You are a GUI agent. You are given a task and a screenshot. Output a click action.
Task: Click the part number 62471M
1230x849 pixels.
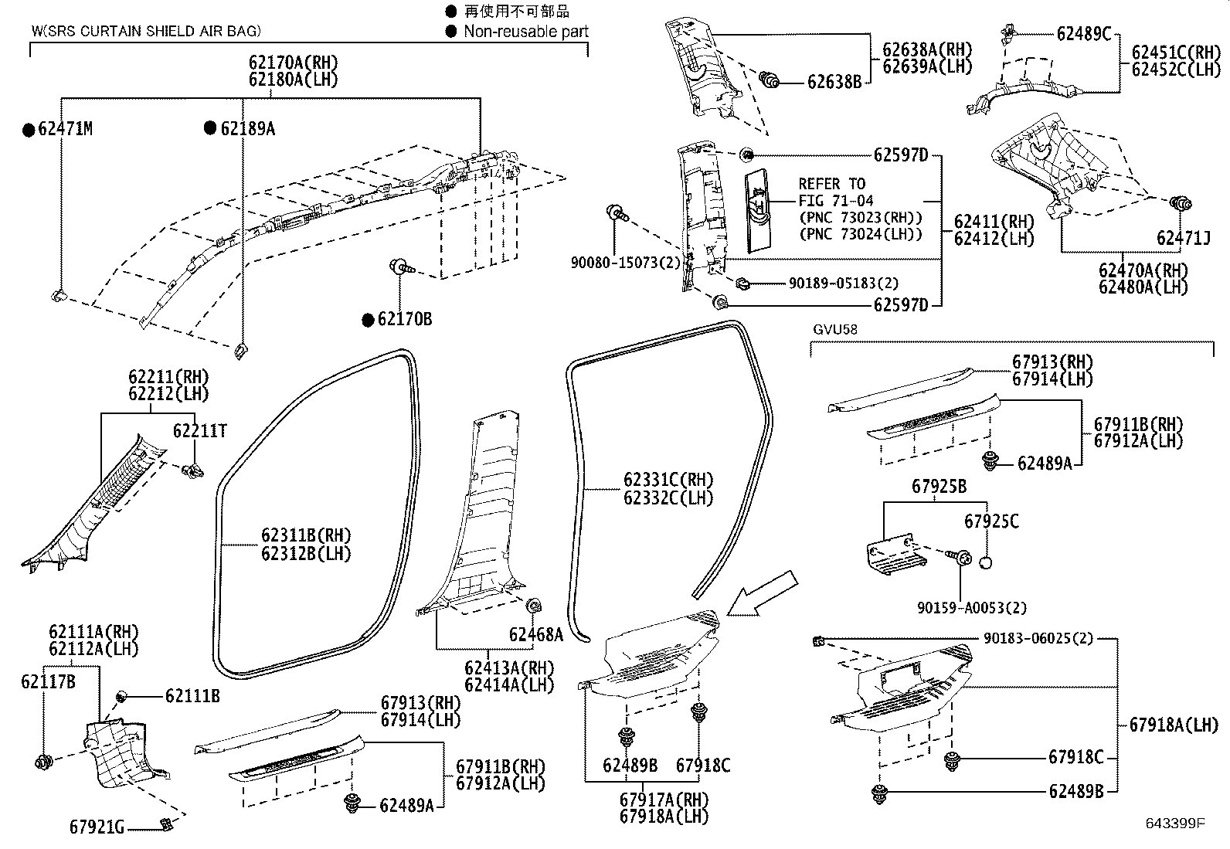[x=65, y=129]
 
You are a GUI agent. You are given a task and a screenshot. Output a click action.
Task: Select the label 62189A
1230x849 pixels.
[x=247, y=129]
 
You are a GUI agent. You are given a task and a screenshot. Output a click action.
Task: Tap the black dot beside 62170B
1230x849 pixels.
[x=369, y=319]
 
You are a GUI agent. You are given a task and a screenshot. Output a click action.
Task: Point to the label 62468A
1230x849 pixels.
[x=535, y=634]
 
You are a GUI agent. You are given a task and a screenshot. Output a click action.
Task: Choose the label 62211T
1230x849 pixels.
[x=199, y=431]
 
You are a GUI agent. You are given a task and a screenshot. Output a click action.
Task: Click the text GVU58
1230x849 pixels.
[x=834, y=329]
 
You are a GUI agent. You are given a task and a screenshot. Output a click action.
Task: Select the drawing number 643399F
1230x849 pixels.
[x=1174, y=824]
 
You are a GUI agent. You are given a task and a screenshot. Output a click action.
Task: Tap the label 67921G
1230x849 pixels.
[x=97, y=827]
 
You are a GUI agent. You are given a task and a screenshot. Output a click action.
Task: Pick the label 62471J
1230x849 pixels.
[x=1183, y=238]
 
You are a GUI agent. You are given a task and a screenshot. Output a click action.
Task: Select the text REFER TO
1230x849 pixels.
[x=831, y=184]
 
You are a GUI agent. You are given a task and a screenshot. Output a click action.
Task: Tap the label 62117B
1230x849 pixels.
[x=48, y=681]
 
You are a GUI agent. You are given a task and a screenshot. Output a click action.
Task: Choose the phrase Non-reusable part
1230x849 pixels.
[x=525, y=32]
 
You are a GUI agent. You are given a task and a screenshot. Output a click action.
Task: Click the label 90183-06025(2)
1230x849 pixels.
[x=1038, y=639]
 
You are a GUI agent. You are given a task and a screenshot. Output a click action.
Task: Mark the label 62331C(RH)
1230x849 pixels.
[x=668, y=480]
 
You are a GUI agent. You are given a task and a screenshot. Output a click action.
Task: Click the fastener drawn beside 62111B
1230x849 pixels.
[x=122, y=697]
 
